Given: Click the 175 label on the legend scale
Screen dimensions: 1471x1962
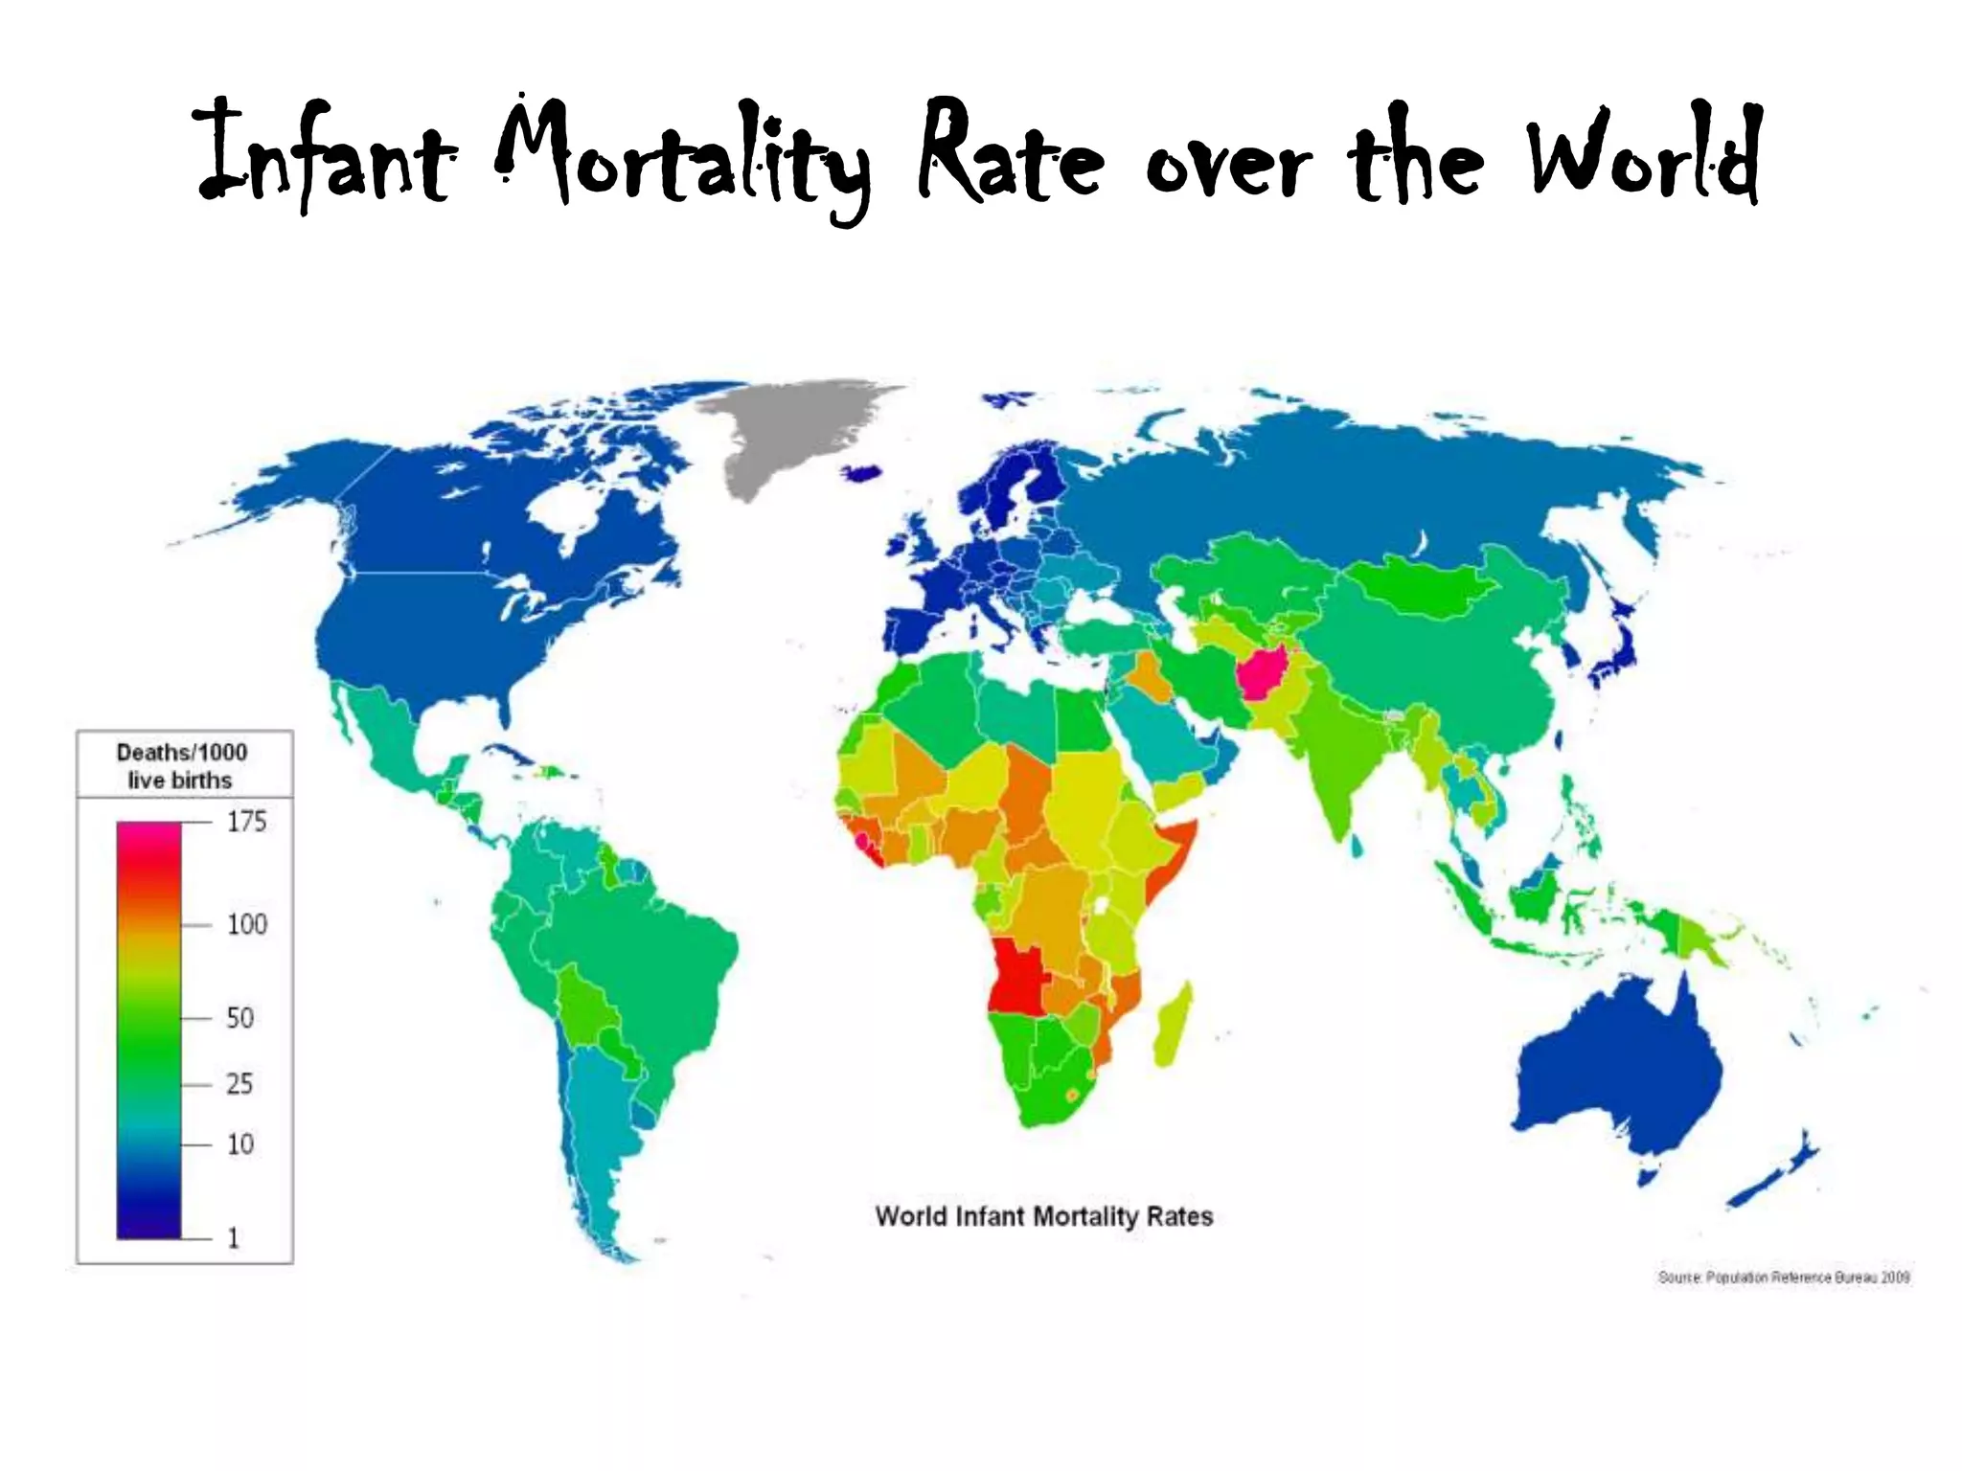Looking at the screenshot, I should click(246, 822).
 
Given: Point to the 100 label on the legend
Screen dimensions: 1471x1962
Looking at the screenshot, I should click(246, 924).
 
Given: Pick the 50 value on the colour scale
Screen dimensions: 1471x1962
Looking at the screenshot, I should click(240, 1017).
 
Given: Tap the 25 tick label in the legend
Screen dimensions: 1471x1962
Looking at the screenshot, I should click(240, 1084).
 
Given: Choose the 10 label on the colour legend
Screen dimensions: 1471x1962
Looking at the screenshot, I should click(240, 1144).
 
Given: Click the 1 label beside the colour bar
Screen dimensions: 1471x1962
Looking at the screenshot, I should click(233, 1238).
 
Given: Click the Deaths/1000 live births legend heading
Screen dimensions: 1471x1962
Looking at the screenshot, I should click(182, 766).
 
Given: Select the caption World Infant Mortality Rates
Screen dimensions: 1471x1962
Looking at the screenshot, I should click(1044, 1216).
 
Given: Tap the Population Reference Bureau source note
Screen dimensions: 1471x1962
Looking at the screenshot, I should click(1784, 1278).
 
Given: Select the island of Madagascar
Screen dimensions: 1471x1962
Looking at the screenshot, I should click(1175, 1027).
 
